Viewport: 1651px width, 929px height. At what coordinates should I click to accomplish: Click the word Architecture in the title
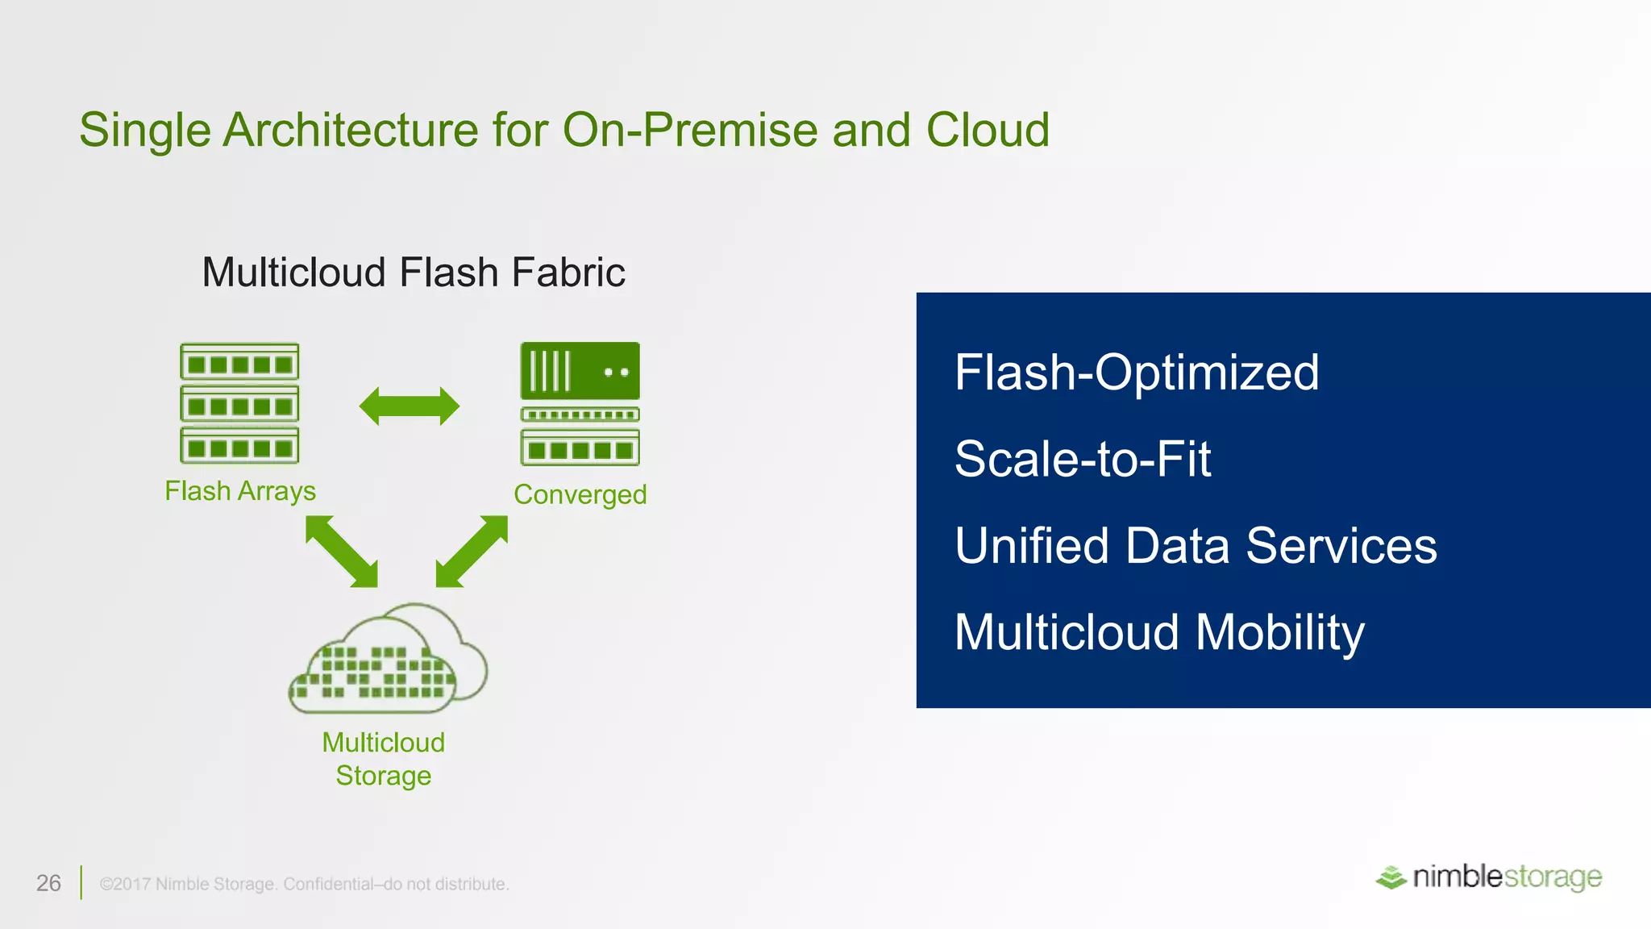click(351, 130)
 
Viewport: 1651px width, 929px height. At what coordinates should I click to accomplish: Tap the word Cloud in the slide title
click(988, 130)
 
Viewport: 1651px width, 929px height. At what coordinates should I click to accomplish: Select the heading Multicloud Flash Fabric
click(413, 273)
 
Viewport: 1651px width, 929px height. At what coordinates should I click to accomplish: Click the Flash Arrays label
click(240, 490)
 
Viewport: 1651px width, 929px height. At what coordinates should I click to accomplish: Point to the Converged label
click(580, 494)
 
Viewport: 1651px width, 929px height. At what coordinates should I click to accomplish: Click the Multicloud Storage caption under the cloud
click(384, 759)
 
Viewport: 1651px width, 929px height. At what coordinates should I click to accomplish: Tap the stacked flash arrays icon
click(239, 403)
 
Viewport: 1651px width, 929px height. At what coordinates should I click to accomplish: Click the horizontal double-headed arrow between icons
click(410, 406)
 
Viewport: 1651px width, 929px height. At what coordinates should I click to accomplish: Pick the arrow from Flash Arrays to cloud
click(342, 552)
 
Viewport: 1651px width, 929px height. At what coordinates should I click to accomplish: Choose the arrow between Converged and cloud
click(472, 552)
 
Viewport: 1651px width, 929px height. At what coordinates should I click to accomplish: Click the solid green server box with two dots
click(580, 371)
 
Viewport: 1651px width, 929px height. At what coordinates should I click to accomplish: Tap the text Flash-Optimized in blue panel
click(1137, 373)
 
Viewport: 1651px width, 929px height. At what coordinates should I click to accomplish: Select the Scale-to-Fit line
click(1083, 459)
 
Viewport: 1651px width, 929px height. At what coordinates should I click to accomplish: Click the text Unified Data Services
click(1196, 545)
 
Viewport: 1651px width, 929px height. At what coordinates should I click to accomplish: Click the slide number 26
click(48, 883)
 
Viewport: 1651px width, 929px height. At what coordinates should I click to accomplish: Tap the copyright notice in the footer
click(304, 884)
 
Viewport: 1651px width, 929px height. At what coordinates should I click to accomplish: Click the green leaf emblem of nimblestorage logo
click(1391, 877)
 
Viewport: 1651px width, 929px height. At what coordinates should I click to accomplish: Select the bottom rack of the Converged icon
click(580, 448)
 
